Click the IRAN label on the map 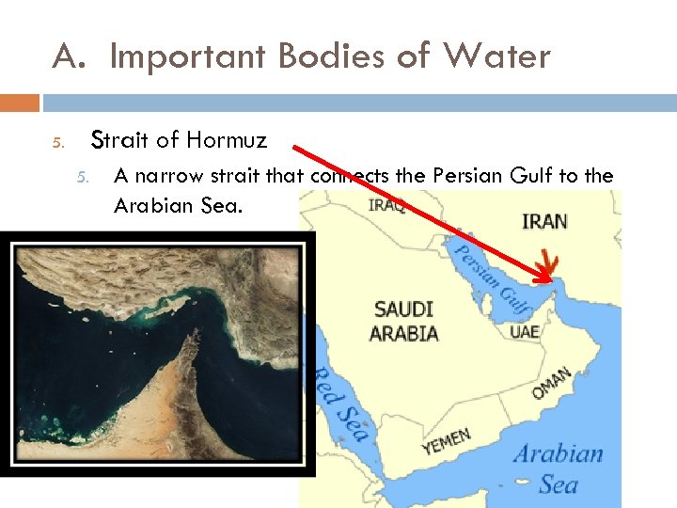pyautogui.click(x=544, y=221)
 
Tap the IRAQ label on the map pyautogui.click(x=386, y=204)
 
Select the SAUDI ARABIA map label pyautogui.click(x=403, y=321)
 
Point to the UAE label pyautogui.click(x=524, y=332)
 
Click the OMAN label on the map pyautogui.click(x=551, y=385)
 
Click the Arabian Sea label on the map pyautogui.click(x=558, y=468)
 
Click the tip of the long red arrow pyautogui.click(x=551, y=280)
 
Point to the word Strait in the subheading pyautogui.click(x=118, y=141)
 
